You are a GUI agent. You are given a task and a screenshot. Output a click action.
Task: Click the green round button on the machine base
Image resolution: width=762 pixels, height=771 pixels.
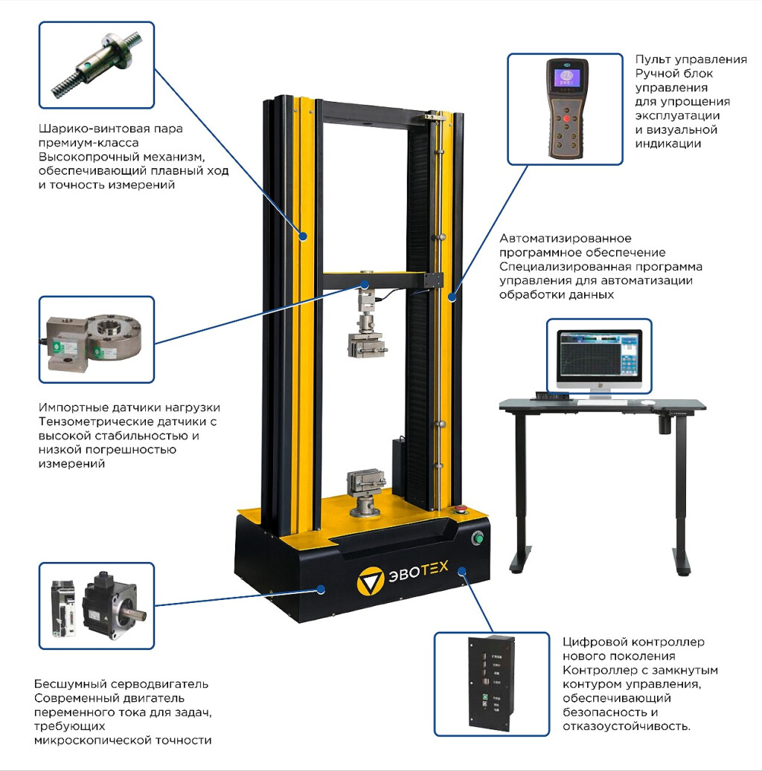[477, 538]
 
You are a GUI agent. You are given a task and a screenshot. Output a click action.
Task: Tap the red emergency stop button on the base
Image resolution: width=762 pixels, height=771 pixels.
[461, 509]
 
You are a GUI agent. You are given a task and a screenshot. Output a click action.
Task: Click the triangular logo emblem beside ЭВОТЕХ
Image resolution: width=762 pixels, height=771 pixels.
[370, 580]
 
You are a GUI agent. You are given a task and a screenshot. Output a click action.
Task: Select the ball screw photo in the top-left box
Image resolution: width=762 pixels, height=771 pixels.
[97, 64]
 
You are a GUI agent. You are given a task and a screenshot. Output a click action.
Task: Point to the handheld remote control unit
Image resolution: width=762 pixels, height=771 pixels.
[567, 109]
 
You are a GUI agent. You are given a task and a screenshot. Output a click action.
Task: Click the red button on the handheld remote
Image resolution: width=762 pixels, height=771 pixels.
[566, 118]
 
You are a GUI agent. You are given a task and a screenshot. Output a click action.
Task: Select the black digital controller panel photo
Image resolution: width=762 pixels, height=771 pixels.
[491, 683]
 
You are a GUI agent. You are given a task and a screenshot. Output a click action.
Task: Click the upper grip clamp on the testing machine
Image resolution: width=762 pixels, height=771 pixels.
[365, 344]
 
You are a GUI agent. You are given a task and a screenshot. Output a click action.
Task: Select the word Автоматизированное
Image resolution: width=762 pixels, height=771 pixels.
[565, 239]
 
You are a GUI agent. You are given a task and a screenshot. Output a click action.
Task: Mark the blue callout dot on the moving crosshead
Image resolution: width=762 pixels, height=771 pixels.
[365, 285]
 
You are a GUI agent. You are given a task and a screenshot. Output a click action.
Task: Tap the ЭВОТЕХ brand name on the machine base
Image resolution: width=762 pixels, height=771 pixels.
[418, 571]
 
